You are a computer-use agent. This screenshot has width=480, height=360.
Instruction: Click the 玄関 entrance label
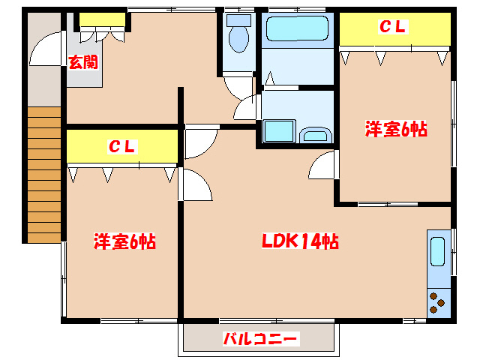coord(83,62)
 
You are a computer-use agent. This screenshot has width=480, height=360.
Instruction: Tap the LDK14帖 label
coord(299,241)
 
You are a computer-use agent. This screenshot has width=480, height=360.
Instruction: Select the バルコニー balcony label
coord(261,339)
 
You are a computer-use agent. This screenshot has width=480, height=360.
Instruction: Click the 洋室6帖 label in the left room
coord(124,241)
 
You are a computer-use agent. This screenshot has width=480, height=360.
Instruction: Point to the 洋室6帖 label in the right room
coord(396,130)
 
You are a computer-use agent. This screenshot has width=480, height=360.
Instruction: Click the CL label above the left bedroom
coord(122,147)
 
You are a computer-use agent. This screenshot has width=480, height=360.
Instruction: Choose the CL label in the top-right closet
coord(392,27)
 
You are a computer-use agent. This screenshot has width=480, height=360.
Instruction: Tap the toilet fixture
coord(239,34)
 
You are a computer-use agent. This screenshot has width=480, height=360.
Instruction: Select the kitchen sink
coord(439,251)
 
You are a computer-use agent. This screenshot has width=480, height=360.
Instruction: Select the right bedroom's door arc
coord(322,165)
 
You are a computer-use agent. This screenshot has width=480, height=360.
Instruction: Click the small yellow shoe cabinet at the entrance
coord(102,19)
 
